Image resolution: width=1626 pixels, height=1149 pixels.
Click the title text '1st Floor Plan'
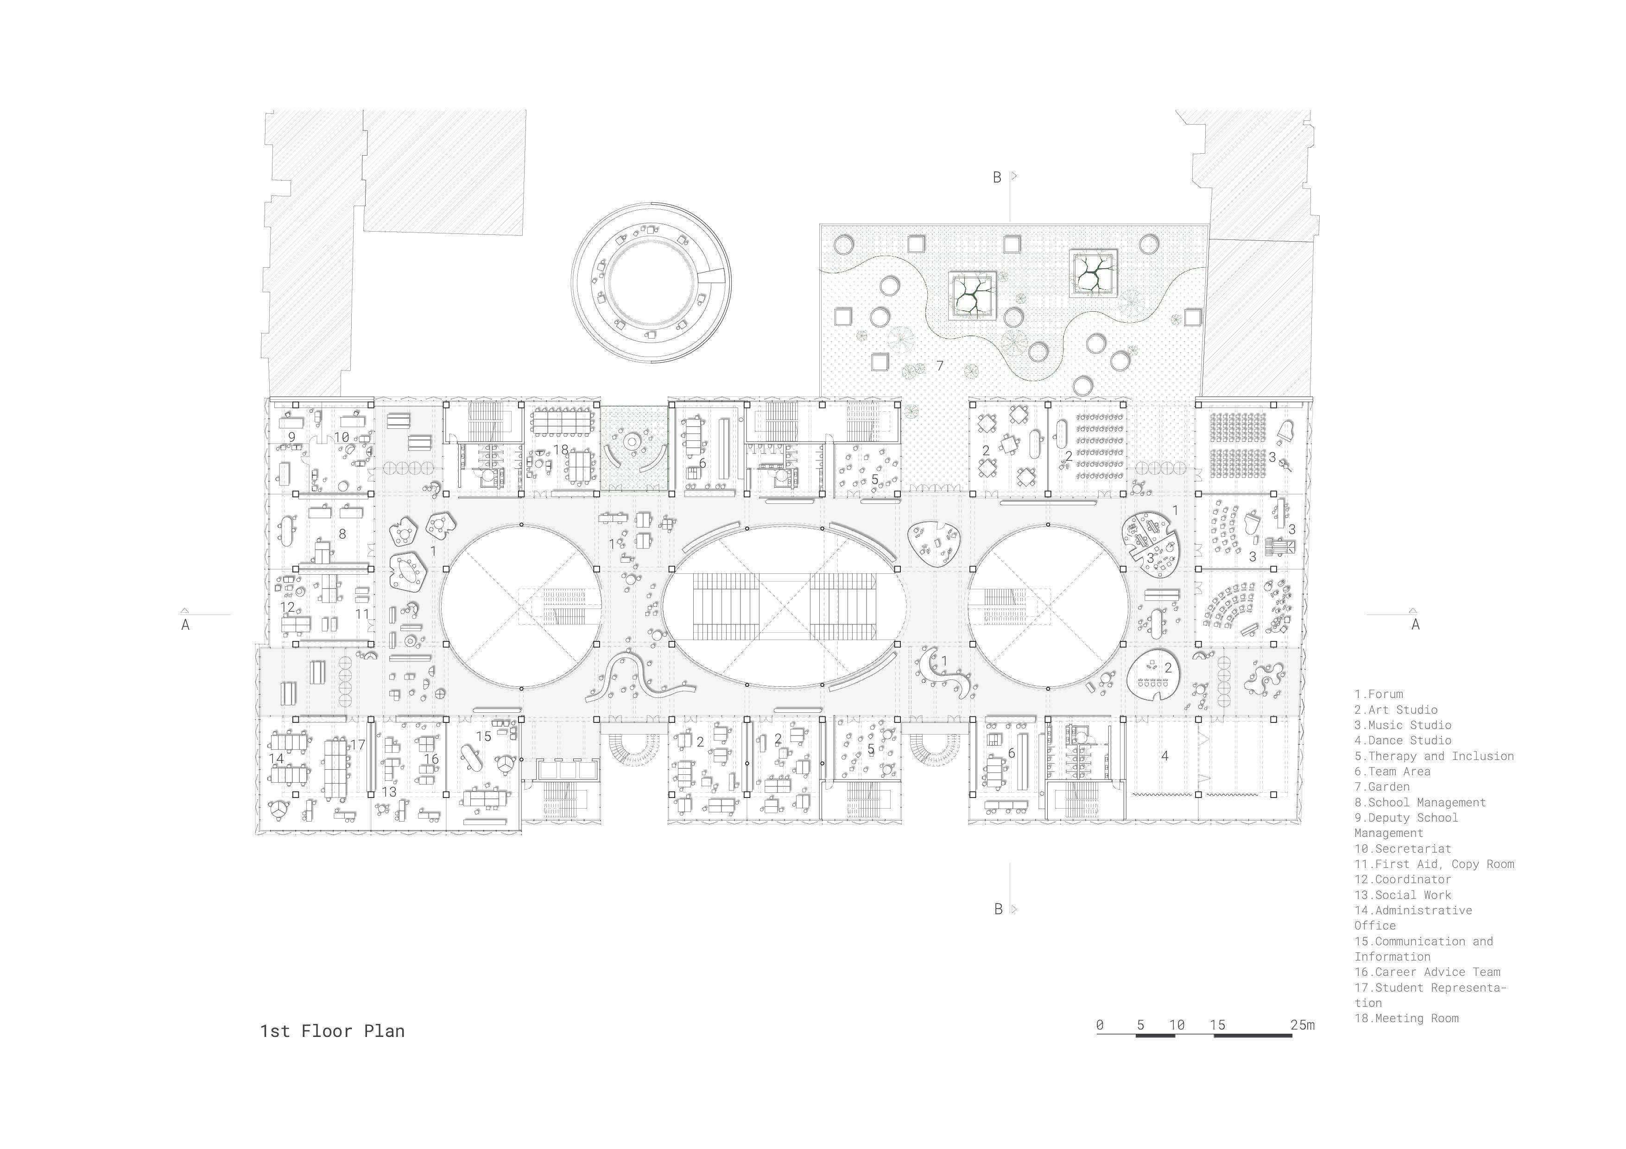click(x=332, y=1031)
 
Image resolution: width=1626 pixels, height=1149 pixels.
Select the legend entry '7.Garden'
click(x=1382, y=786)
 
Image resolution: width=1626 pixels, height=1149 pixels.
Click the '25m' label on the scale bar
click(x=1302, y=1024)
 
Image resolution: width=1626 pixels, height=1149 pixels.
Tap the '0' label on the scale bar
click(x=1099, y=1024)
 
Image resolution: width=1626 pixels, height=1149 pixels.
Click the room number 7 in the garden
click(x=940, y=366)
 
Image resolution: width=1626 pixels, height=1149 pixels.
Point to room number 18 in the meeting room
click(x=561, y=450)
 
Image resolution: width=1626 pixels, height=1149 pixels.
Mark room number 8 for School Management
click(x=342, y=534)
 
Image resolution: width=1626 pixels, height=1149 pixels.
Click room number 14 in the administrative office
click(x=276, y=758)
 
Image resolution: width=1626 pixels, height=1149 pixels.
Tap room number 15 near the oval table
click(x=484, y=736)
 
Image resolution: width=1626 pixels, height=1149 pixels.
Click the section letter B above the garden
click(x=997, y=178)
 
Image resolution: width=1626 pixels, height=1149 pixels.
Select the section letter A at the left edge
click(x=185, y=624)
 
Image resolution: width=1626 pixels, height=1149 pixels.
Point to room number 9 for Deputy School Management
click(x=291, y=438)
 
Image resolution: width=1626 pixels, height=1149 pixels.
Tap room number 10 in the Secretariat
click(x=342, y=438)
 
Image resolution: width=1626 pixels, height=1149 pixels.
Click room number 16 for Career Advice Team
click(x=431, y=759)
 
